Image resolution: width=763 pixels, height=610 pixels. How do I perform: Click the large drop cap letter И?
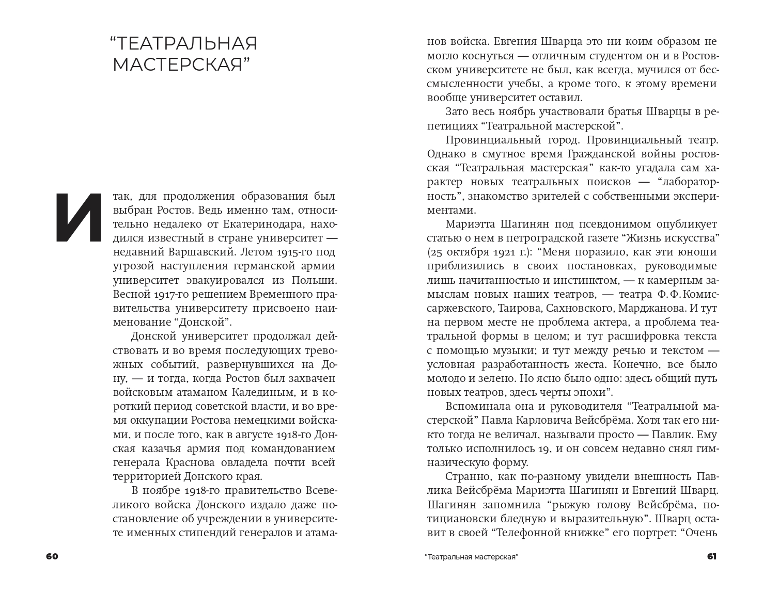coord(79,217)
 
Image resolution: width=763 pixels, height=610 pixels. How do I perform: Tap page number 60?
coord(52,556)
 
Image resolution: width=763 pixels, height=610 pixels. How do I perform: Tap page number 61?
coord(711,556)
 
